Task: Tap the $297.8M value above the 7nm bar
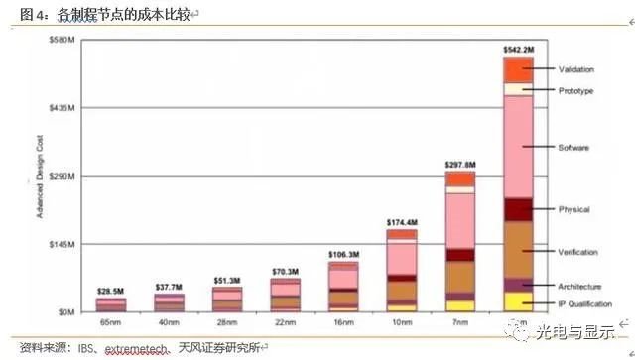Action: pyautogui.click(x=459, y=163)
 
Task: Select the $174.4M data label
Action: pyautogui.click(x=401, y=222)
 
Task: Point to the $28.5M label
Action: pyautogui.click(x=111, y=291)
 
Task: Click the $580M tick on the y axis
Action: pyautogui.click(x=63, y=39)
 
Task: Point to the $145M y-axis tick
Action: pyautogui.click(x=63, y=244)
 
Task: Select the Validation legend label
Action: pyautogui.click(x=575, y=69)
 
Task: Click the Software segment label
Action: pyautogui.click(x=574, y=148)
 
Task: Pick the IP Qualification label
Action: pyautogui.click(x=584, y=303)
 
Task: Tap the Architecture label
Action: pyautogui.click(x=579, y=286)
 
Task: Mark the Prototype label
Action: pyautogui.click(x=575, y=91)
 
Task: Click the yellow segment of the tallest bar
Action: pyautogui.click(x=518, y=301)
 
